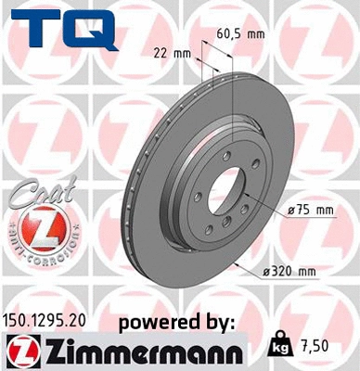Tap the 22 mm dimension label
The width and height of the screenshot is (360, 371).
click(163, 53)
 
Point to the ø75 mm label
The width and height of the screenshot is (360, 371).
click(311, 210)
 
